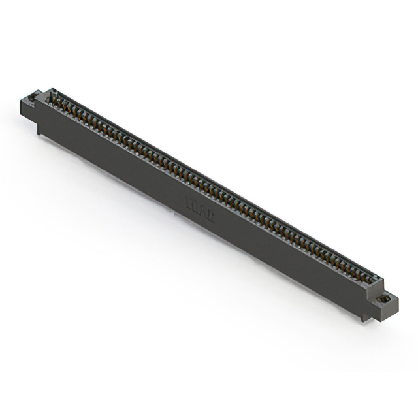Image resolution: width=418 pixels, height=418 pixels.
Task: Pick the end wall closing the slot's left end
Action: tap(44, 97)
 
